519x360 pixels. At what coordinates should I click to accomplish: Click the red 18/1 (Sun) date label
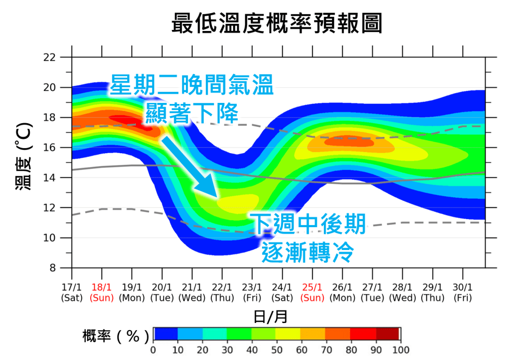click(x=102, y=293)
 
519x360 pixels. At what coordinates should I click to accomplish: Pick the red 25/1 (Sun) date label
click(x=312, y=293)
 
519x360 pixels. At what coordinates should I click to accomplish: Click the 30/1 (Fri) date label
click(x=463, y=293)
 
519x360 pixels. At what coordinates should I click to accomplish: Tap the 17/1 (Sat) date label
click(x=72, y=293)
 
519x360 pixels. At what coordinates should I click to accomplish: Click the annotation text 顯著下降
click(x=191, y=113)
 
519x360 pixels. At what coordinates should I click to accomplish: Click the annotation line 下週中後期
click(x=308, y=224)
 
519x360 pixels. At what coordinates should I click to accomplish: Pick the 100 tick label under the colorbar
click(x=400, y=350)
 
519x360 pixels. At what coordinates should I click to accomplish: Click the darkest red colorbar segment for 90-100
click(x=388, y=333)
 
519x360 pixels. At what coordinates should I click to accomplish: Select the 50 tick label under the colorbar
click(x=277, y=350)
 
